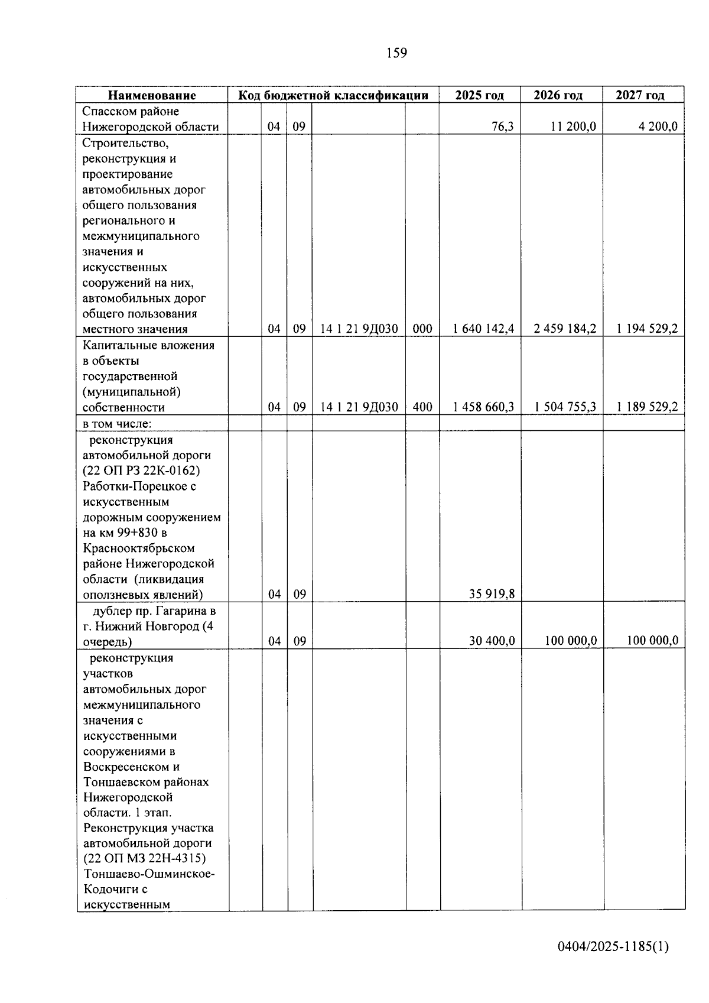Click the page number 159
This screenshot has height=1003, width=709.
[x=396, y=53]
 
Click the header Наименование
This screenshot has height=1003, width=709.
[x=152, y=95]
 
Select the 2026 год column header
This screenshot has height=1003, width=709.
[x=558, y=95]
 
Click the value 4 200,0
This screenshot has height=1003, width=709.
[x=658, y=126]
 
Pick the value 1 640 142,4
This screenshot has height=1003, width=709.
[x=483, y=329]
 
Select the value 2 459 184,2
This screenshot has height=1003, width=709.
[x=565, y=329]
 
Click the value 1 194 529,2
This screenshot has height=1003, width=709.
[x=647, y=329]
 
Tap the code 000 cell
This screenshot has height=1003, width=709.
[x=422, y=329]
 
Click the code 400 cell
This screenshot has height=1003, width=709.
[x=422, y=407]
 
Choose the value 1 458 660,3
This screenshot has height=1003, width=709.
[x=483, y=407]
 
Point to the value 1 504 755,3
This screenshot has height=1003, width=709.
[x=565, y=407]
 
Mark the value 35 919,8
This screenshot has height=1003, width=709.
[x=492, y=594]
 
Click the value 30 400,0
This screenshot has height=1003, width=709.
[x=492, y=641]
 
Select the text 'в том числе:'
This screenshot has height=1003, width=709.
[x=117, y=423]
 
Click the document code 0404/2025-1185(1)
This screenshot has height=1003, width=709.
[x=613, y=947]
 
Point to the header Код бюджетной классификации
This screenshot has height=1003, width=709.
[x=333, y=95]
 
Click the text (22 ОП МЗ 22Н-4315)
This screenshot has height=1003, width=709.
[x=144, y=859]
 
